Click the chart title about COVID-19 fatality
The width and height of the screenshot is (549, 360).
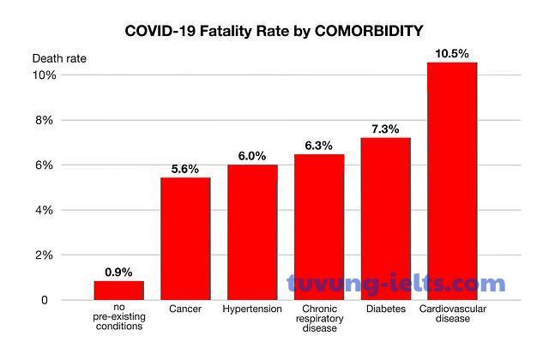[x=274, y=32]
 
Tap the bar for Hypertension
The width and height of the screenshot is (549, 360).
[x=252, y=231]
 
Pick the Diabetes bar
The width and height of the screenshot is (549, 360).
[x=385, y=219]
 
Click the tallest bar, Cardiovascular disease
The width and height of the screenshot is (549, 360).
[x=452, y=181]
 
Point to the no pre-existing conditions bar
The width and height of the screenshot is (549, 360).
[x=118, y=291]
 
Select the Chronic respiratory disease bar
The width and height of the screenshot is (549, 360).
[x=319, y=227]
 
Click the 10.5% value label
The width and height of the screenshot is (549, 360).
[x=452, y=53]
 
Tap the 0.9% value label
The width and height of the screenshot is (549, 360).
[x=118, y=272]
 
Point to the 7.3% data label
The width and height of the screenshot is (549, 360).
[x=385, y=129]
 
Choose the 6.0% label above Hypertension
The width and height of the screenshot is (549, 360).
[x=252, y=156]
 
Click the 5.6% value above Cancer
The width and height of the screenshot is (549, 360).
[x=185, y=168]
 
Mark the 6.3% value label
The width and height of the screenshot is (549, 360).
[x=319, y=146]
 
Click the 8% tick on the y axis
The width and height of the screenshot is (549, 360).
[x=45, y=120]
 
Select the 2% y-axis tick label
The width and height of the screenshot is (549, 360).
[x=45, y=255]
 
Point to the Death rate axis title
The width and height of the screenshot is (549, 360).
[x=59, y=58]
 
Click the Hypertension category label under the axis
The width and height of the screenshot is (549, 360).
[x=252, y=309]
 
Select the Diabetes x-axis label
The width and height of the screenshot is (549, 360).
[x=385, y=309]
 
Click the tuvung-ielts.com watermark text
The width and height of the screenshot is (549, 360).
[x=396, y=284]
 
